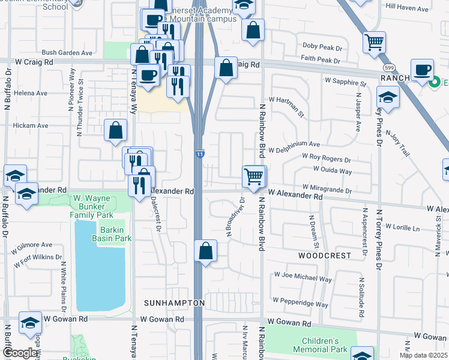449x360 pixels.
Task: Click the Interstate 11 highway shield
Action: click(x=200, y=155)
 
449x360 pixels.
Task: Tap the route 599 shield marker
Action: click(x=390, y=68)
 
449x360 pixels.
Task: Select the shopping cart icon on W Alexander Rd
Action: click(x=253, y=176)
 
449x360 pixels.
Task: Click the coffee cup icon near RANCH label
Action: click(x=423, y=68)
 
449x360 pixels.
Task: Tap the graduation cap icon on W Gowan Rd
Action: click(x=30, y=322)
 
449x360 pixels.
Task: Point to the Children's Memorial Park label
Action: click(x=321, y=344)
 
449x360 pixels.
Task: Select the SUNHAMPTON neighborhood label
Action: click(x=175, y=304)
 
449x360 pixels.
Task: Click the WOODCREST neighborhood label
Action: click(x=324, y=256)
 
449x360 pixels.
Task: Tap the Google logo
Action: click(x=19, y=353)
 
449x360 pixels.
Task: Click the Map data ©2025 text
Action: click(x=423, y=355)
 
